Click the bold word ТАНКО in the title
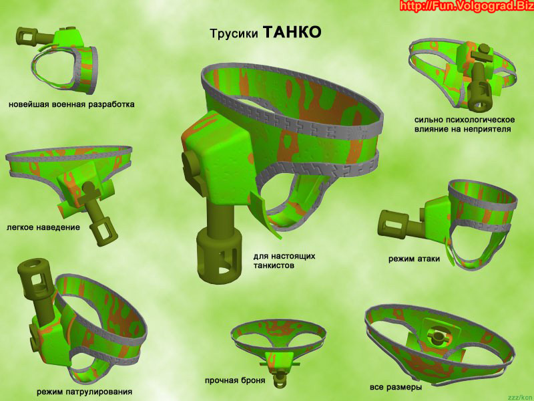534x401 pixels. point(292,32)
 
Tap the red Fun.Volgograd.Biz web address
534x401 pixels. point(466,6)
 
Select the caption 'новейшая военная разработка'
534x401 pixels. point(71,104)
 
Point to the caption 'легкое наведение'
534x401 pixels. point(43,227)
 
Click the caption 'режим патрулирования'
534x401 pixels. point(85,392)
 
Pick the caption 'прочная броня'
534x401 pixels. point(235,380)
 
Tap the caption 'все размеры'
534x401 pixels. point(396,387)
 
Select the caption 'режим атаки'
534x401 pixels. point(414,259)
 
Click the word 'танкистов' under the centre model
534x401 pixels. point(274,265)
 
